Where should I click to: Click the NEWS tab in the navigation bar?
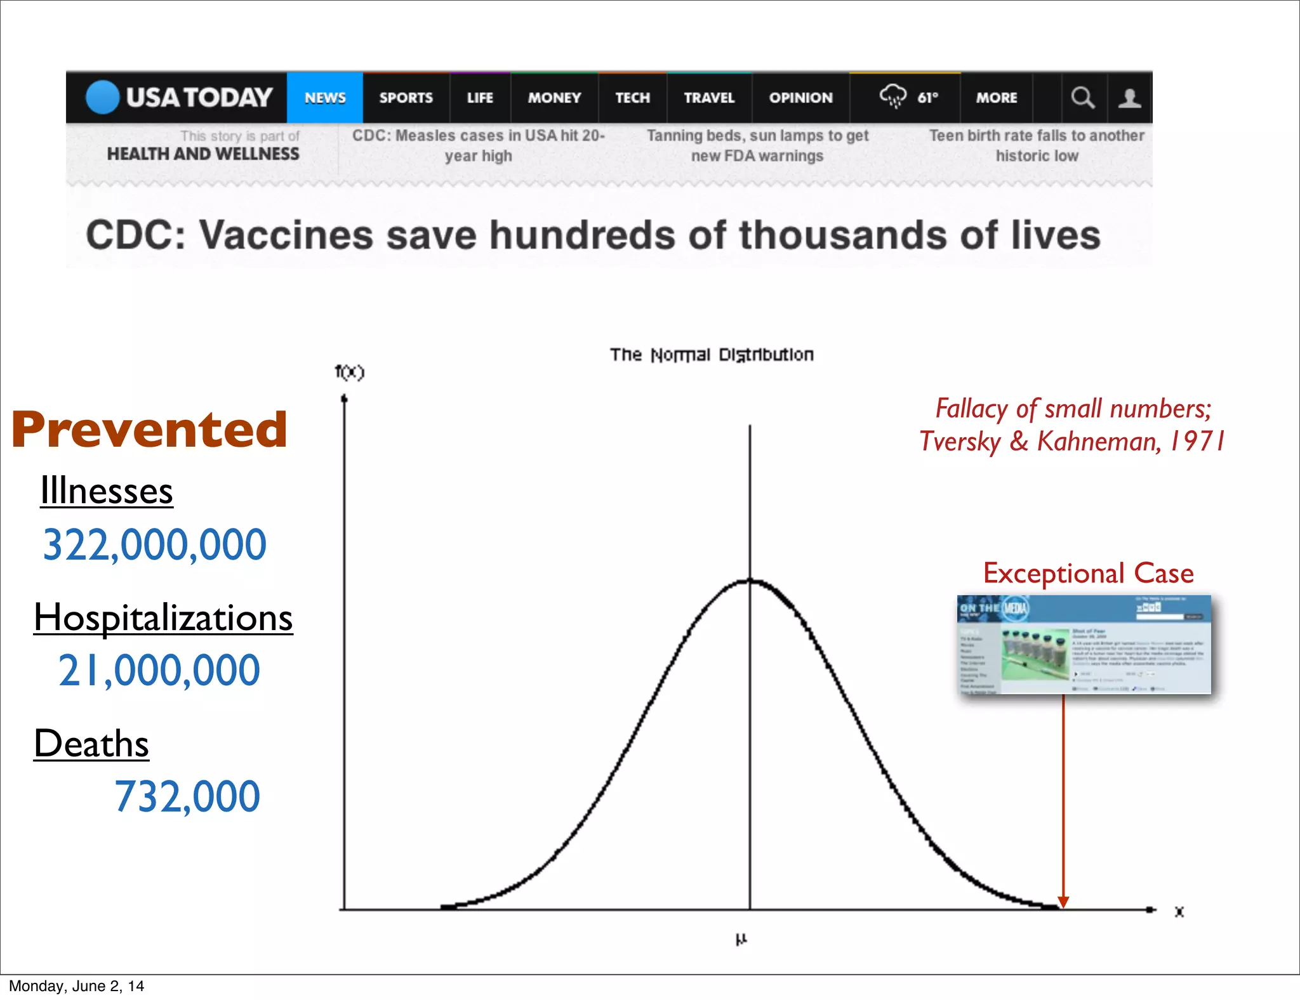tap(325, 98)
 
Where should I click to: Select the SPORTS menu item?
tap(406, 98)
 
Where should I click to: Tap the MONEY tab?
tap(554, 98)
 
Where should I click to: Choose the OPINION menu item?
tap(800, 98)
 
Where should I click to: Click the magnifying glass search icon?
tap(1082, 98)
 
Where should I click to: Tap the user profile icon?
tap(1129, 98)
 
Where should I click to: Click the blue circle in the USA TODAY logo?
tap(103, 97)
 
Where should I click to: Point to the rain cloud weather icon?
tap(892, 96)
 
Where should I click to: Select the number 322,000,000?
tap(154, 544)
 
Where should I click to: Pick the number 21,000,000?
tap(159, 671)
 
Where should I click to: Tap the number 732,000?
tap(187, 796)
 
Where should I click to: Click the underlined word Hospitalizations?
tap(163, 617)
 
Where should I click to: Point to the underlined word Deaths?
tap(91, 744)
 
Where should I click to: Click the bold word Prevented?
tap(150, 430)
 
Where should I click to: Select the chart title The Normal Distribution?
tap(712, 354)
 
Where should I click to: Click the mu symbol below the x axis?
tap(741, 939)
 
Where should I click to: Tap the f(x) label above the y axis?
tap(350, 372)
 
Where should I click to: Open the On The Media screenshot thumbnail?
tap(1084, 645)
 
